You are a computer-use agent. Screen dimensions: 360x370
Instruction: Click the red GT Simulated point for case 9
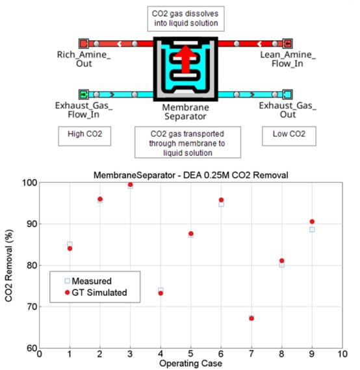tap(312, 221)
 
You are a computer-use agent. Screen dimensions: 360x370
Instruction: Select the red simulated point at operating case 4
tap(161, 293)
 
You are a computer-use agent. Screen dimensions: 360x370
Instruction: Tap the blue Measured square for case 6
tap(221, 204)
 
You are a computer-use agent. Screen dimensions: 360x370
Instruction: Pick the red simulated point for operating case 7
tap(251, 319)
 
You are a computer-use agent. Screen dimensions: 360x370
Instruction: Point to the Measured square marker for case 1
tap(70, 244)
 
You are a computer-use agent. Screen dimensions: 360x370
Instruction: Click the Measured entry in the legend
tap(88, 281)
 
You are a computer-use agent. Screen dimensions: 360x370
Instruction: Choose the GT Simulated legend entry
tap(96, 293)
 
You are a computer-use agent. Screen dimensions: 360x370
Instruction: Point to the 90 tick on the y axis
tap(32, 224)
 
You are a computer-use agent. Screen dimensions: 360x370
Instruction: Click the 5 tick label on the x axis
tap(190, 354)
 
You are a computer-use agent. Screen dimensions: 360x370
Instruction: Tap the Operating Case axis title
tap(190, 364)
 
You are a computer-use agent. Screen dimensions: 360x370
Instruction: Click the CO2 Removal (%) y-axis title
tap(8, 265)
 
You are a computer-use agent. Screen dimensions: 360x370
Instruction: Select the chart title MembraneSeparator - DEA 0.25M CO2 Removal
tap(190, 175)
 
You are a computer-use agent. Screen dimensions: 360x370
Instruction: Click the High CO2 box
tap(84, 136)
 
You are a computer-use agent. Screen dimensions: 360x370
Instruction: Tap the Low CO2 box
tap(289, 136)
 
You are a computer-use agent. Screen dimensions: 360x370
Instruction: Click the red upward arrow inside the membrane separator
tap(186, 59)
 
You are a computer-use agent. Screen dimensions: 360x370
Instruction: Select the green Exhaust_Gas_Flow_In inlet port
tap(83, 95)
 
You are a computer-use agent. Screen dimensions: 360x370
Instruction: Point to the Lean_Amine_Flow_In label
tap(288, 59)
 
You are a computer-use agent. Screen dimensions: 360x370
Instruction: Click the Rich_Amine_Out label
tap(84, 59)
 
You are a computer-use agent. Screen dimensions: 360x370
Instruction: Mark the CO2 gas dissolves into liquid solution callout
tap(186, 19)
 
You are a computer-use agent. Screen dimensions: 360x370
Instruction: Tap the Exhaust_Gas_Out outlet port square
tap(287, 95)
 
